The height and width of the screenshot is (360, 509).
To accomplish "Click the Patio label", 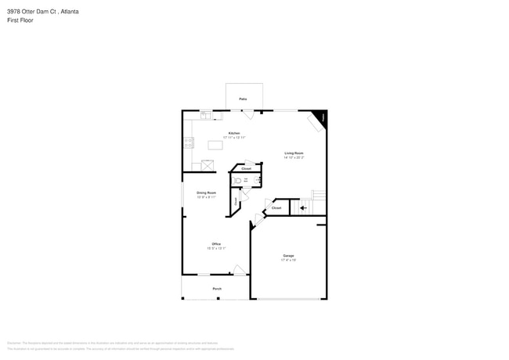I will (x=243, y=99).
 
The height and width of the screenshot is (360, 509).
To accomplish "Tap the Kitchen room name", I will (x=234, y=133).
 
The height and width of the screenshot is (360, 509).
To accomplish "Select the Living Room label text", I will (x=294, y=153).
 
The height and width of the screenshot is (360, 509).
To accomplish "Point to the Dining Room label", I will (x=206, y=193).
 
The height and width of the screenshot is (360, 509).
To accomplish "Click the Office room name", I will (x=215, y=243).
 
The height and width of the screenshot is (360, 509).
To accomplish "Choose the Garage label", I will (x=288, y=256).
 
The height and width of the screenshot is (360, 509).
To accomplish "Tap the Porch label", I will (x=217, y=289).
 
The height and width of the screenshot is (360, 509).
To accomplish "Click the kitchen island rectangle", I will (x=215, y=145).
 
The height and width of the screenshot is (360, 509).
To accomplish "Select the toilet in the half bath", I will (x=237, y=180).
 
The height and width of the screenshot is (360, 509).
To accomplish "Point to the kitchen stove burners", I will (x=188, y=142).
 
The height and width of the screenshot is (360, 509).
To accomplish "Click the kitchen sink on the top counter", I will (x=205, y=115).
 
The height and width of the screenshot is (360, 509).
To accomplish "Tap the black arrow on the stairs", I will (x=304, y=208).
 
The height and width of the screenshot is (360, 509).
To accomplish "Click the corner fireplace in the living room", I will (x=319, y=117).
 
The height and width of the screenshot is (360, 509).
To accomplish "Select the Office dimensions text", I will (x=215, y=248).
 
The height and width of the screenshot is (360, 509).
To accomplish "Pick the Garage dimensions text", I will (x=288, y=261).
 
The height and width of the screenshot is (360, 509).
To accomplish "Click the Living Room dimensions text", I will (x=294, y=157).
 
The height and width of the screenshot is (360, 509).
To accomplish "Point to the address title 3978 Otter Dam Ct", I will (x=43, y=12).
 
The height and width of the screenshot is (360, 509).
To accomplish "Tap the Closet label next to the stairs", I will (x=276, y=207).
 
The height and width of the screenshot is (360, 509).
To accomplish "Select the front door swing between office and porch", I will (x=239, y=270).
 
